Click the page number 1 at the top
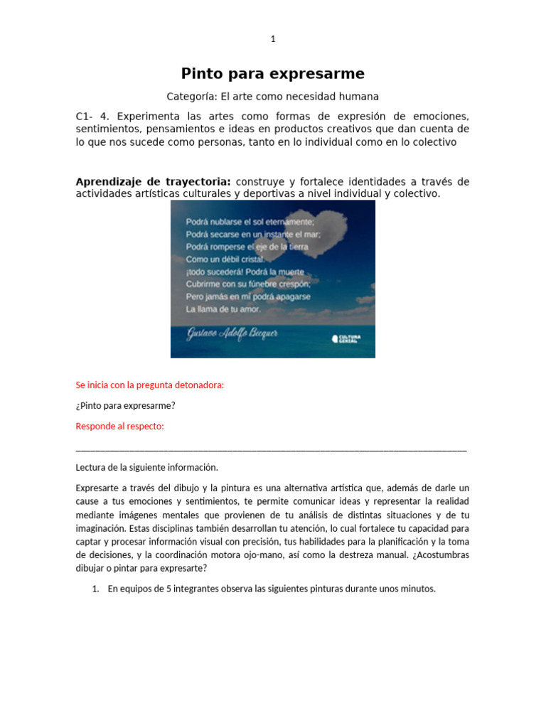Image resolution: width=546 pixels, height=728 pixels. point(272,39)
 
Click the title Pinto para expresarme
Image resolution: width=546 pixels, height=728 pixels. point(272,73)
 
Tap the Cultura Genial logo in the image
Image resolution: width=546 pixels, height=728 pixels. point(346,338)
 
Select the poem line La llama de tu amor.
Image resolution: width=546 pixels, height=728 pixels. point(223,309)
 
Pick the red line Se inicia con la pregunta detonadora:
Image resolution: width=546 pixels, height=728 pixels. point(149,385)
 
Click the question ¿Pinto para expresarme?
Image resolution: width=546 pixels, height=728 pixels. point(125,405)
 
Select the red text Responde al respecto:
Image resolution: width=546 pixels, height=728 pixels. point(119,426)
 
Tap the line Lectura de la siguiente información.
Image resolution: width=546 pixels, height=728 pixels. point(146,467)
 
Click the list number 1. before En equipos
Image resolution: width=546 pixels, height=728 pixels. point(97,589)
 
